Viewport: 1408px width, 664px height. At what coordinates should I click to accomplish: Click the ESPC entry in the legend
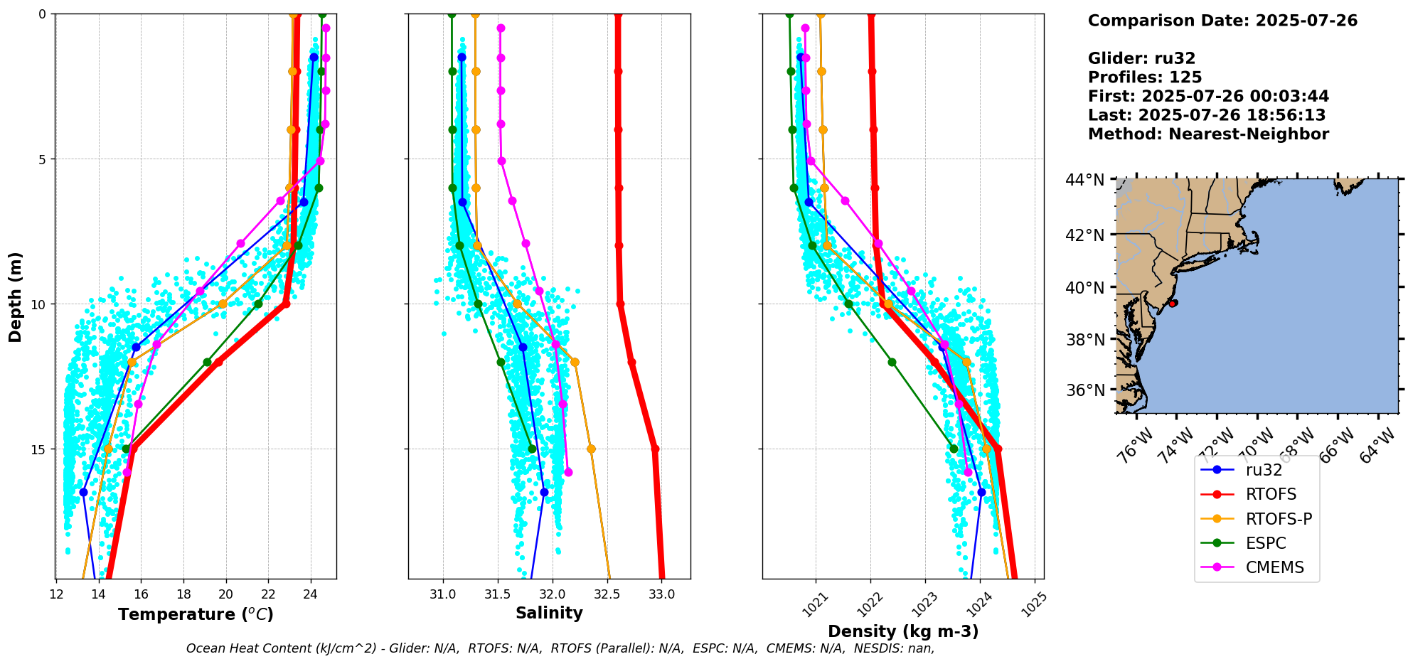click(x=1266, y=543)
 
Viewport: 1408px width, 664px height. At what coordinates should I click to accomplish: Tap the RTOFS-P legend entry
click(x=1279, y=519)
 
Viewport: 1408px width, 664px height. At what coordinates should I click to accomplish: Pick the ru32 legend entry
click(x=1264, y=470)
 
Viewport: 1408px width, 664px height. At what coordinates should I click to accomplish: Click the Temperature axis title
click(x=196, y=614)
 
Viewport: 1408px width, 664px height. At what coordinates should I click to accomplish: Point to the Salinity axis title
click(x=549, y=613)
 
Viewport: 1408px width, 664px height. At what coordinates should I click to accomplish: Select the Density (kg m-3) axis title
click(x=903, y=631)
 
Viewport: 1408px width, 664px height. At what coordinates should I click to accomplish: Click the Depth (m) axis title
click(x=16, y=296)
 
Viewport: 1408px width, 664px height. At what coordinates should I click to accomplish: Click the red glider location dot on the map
click(x=1173, y=303)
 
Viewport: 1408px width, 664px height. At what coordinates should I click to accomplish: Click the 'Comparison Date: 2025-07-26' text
click(x=1222, y=21)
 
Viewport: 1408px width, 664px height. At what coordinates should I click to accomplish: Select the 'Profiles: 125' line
click(x=1145, y=77)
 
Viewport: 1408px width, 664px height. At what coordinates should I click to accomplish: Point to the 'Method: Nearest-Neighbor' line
click(x=1208, y=134)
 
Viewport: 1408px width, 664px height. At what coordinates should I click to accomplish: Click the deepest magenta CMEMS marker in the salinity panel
click(x=568, y=472)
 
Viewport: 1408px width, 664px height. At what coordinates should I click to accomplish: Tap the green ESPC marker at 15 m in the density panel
click(x=954, y=449)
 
